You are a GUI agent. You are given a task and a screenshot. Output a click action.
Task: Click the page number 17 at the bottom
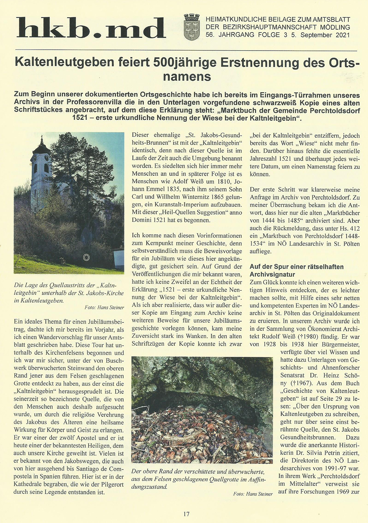pos(186,514)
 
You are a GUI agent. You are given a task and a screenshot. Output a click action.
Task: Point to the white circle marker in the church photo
pos(86,257)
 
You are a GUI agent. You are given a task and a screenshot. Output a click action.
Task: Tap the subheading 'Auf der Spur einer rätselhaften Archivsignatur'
pos(296,270)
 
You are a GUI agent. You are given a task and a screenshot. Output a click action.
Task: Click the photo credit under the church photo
pos(104,307)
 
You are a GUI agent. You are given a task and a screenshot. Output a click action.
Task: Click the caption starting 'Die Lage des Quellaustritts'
pos(69,293)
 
